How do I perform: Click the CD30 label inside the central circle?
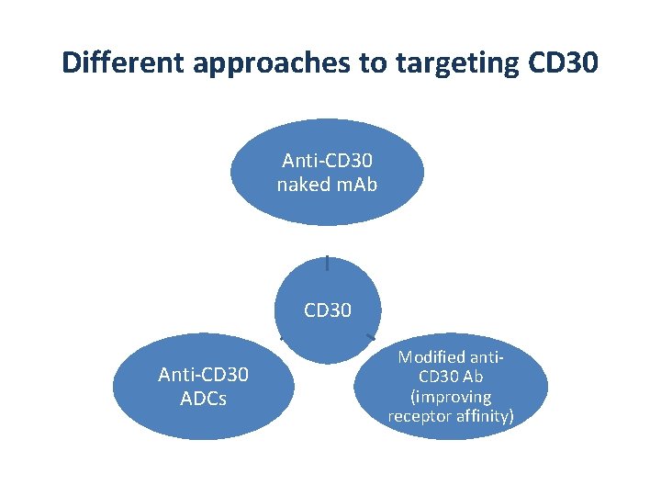(x=328, y=310)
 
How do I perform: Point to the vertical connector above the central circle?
(x=328, y=263)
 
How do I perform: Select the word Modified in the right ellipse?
(x=431, y=356)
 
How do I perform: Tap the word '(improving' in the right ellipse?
(x=451, y=397)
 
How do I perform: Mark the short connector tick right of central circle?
(x=371, y=337)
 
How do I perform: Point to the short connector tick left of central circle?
(x=283, y=339)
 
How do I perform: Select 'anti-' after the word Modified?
(x=486, y=356)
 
